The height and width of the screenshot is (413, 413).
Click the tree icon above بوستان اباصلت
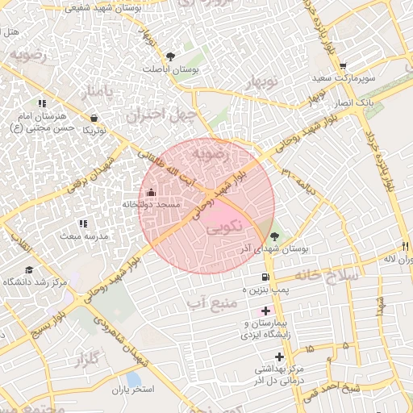[170, 56]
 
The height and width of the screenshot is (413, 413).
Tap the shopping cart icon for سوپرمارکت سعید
[343, 67]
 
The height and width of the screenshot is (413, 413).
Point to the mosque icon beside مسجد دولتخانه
[152, 192]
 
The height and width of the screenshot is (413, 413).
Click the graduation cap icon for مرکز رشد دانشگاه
[30, 269]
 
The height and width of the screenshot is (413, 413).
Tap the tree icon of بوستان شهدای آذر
[276, 236]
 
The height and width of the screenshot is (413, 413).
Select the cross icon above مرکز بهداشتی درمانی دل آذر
[279, 357]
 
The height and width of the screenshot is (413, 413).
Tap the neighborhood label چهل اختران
[161, 115]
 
